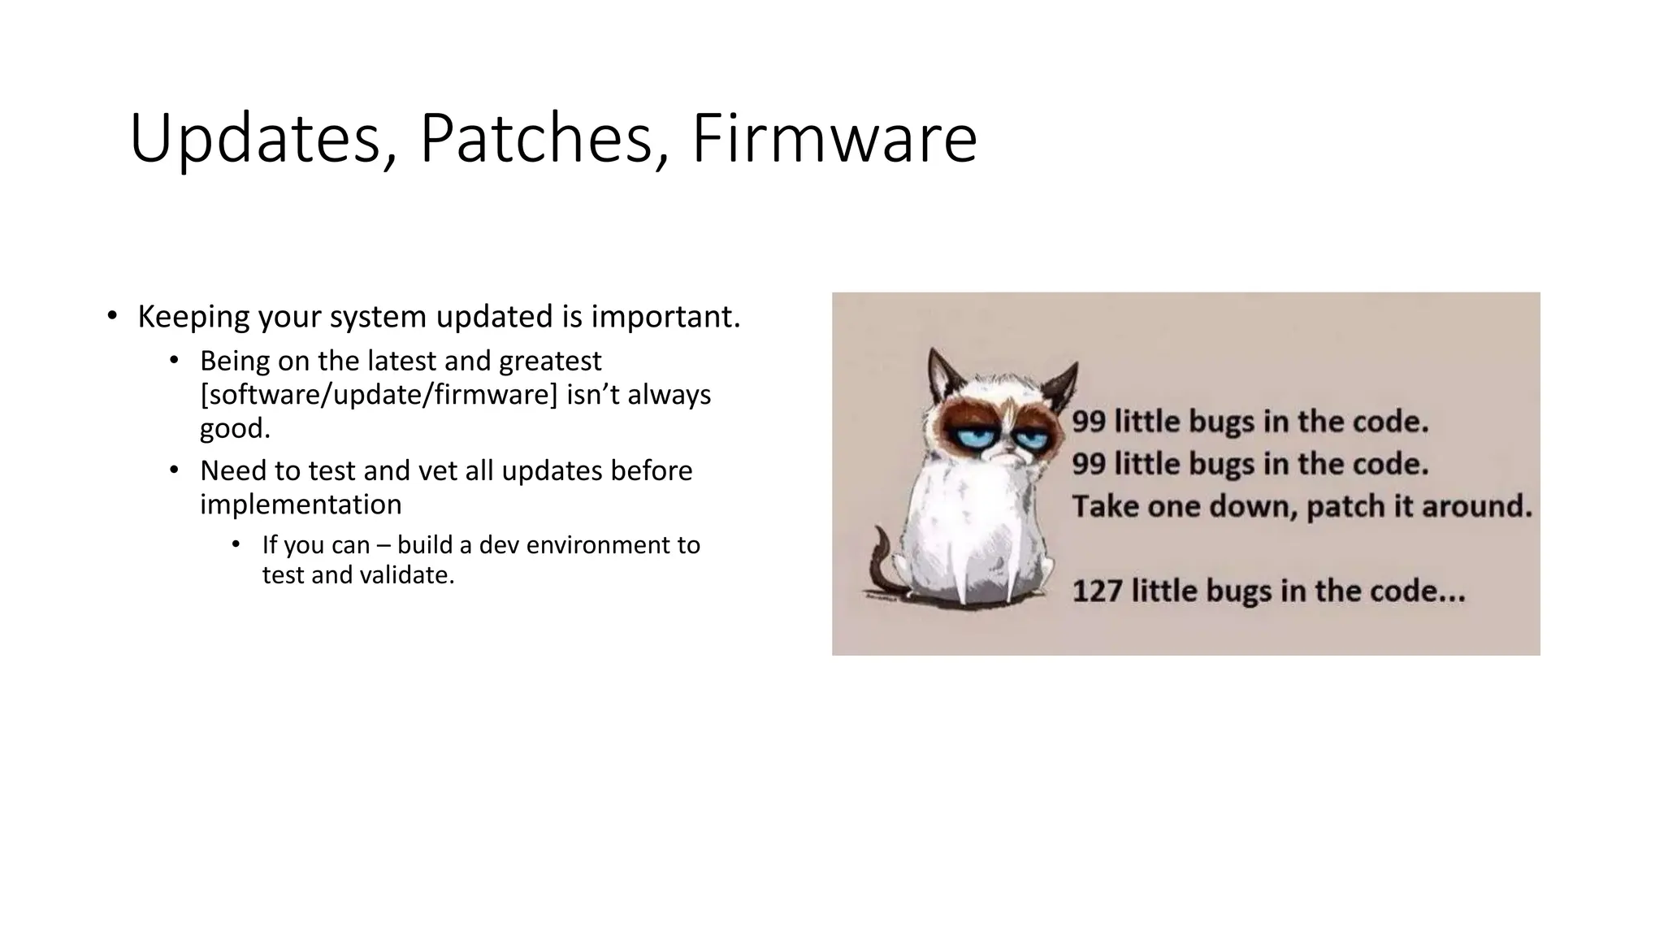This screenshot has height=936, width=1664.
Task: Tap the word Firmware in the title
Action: click(834, 140)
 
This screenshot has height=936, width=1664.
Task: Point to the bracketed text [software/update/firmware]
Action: click(379, 395)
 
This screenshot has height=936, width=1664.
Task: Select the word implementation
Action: click(301, 505)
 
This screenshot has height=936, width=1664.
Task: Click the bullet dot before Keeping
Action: click(112, 316)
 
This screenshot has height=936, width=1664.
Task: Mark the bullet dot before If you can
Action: click(236, 544)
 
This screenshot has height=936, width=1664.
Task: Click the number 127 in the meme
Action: click(1098, 591)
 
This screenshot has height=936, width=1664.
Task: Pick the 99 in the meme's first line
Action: click(1089, 422)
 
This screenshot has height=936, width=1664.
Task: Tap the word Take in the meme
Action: click(1102, 506)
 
